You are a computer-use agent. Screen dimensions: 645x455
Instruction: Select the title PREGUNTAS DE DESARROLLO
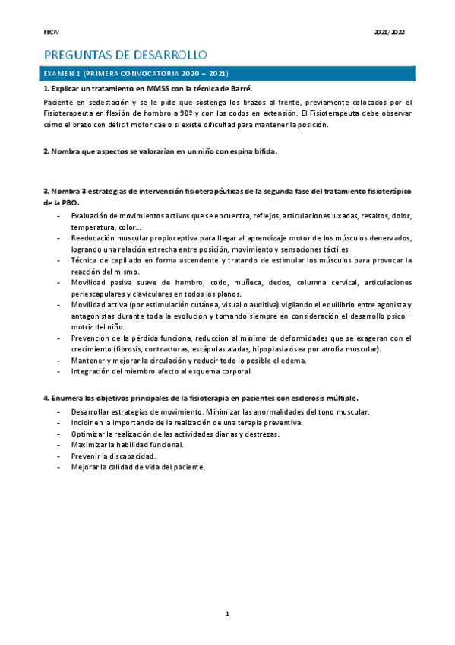point(125,55)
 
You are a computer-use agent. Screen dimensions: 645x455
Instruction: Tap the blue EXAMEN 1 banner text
point(137,74)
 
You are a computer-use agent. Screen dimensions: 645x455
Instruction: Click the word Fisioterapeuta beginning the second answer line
point(68,113)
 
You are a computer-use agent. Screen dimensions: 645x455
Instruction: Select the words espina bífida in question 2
point(252,151)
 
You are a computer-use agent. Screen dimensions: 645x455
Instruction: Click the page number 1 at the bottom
point(226,613)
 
